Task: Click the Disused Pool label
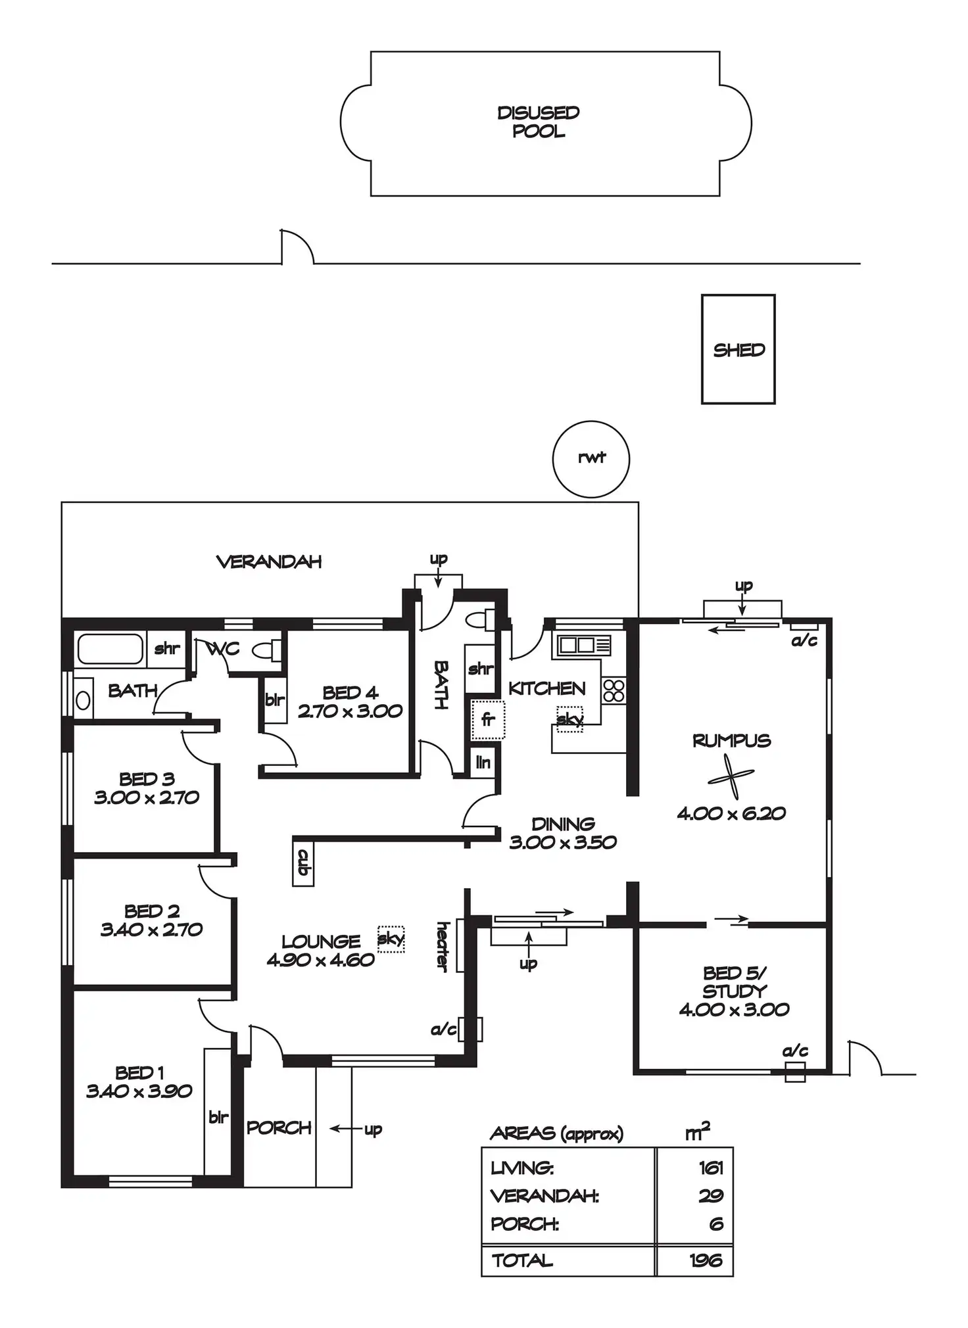(x=539, y=122)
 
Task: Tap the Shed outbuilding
(x=738, y=349)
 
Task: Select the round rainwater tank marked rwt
(x=591, y=459)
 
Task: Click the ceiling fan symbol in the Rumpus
(x=731, y=779)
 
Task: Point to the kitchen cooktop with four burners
(x=614, y=691)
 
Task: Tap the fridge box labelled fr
(x=487, y=719)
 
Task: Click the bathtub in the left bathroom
(x=110, y=649)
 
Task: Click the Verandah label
(x=269, y=561)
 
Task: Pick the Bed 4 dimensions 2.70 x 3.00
(x=350, y=711)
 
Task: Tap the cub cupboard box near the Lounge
(x=303, y=861)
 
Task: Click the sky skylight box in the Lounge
(x=391, y=939)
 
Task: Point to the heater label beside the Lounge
(x=443, y=947)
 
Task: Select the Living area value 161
(x=711, y=1168)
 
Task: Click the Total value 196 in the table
(x=706, y=1260)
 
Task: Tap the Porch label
(x=279, y=1127)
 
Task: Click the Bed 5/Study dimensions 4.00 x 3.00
(x=734, y=1009)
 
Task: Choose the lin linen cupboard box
(x=483, y=763)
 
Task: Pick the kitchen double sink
(x=584, y=645)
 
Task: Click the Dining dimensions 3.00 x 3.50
(x=563, y=842)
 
